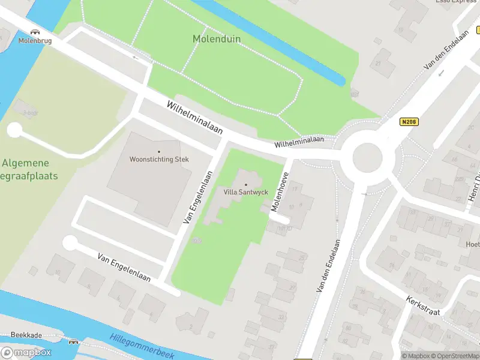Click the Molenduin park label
[x=216, y=39]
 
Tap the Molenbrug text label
[x=35, y=41]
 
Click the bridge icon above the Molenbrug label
[x=35, y=32]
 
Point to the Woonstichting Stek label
[x=159, y=160]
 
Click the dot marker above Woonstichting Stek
[x=159, y=151]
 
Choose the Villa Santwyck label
[x=245, y=192]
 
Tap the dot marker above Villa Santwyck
[x=245, y=184]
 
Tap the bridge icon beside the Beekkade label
[x=73, y=341]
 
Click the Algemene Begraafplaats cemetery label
[x=27, y=169]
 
